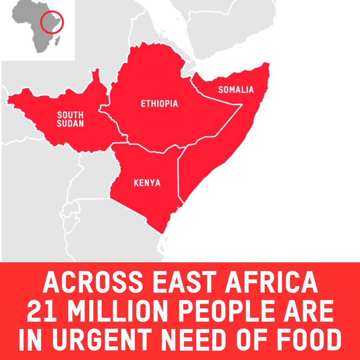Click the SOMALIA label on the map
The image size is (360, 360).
[x=236, y=90]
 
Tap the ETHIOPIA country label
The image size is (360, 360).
[x=159, y=104]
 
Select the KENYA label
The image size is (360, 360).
[x=147, y=183]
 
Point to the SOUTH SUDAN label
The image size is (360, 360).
[x=70, y=119]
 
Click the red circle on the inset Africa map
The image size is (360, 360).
[x=52, y=22]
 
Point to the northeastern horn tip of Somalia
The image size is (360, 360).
[x=267, y=64]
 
